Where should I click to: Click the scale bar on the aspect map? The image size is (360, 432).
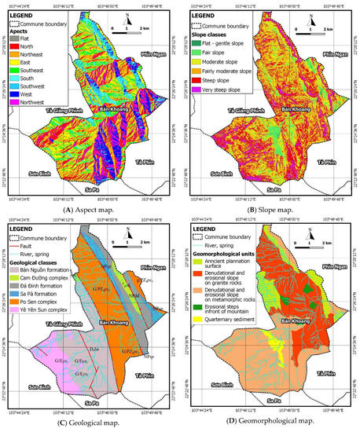pyautogui.click(x=134, y=31)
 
